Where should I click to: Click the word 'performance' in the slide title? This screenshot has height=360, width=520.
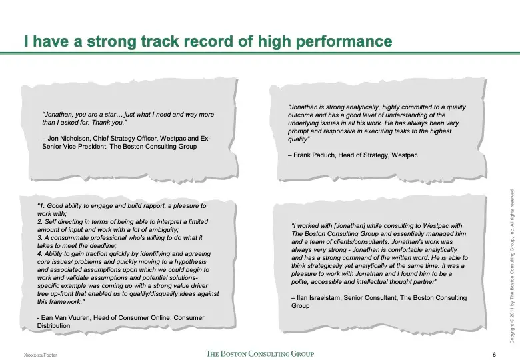click(x=344, y=41)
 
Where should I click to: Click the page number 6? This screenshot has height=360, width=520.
click(x=494, y=355)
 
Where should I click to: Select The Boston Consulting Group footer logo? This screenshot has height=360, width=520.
click(x=260, y=353)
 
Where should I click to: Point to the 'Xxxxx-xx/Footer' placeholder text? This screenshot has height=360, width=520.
click(x=41, y=355)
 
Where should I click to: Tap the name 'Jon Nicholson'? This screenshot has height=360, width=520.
click(x=69, y=138)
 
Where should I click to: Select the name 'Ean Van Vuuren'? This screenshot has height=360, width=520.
click(x=65, y=317)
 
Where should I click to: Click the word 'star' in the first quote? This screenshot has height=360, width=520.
click(x=111, y=115)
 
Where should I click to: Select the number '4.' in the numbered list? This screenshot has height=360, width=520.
click(x=40, y=253)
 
